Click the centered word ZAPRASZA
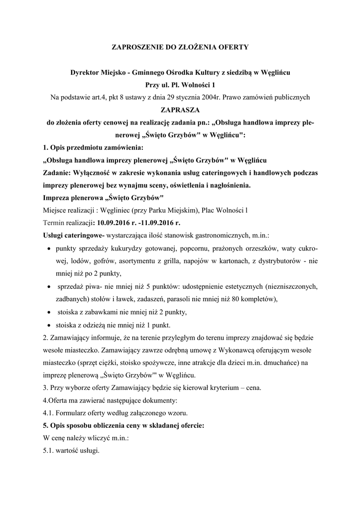(180, 109)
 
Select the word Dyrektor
(85, 73)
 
